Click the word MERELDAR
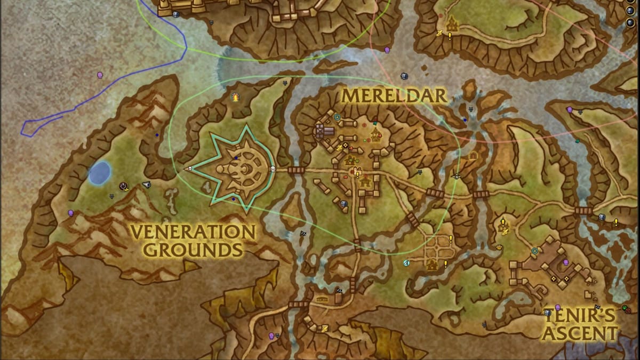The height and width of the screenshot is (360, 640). point(394,96)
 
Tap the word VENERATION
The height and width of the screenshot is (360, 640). point(193,232)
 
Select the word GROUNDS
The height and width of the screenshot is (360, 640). point(193,249)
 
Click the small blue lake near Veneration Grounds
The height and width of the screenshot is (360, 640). point(100,173)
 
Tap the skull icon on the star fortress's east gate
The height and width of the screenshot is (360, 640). point(272,170)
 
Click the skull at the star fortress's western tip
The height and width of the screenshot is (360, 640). point(187,169)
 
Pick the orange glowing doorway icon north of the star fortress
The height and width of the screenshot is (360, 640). point(235,97)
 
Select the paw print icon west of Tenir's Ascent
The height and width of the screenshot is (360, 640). point(499,247)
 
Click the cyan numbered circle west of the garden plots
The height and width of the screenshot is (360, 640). point(406,263)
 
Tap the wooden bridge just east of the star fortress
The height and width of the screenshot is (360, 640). point(295,170)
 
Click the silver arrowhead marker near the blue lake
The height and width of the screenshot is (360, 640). point(147,185)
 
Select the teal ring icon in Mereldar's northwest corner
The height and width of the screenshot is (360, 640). point(337,117)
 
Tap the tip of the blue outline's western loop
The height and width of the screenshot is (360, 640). point(23,128)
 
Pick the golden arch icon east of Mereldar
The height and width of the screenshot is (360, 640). point(473,156)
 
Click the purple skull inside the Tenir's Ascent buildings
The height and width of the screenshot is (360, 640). point(565,262)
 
